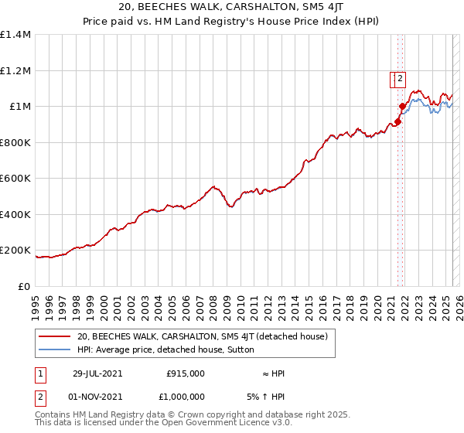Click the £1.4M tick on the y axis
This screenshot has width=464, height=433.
click(x=15, y=35)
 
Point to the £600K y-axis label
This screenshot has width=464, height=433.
click(x=15, y=179)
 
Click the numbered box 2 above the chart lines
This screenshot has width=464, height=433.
click(x=401, y=77)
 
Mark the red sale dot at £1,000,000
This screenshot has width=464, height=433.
click(x=402, y=106)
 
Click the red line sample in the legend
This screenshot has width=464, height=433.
click(x=55, y=336)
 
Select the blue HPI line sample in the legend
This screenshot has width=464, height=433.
click(x=55, y=349)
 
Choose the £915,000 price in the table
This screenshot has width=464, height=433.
click(x=186, y=373)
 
